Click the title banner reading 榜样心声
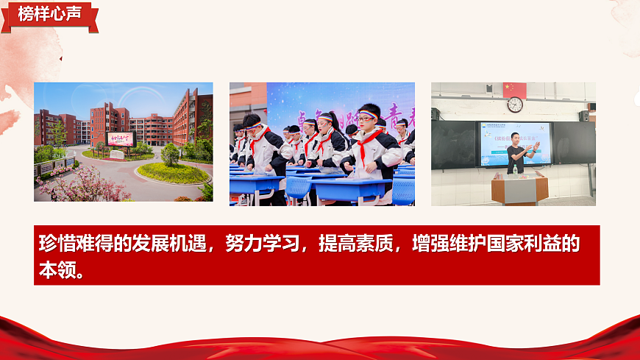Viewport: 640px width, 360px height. (49, 14)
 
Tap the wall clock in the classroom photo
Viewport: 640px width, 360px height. (515, 105)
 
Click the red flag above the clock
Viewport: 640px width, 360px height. (515, 89)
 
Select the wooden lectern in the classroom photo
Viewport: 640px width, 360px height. (520, 188)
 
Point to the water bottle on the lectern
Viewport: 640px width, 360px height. (515, 169)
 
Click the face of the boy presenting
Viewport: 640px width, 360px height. (518, 138)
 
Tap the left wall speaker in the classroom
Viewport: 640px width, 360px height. (435, 114)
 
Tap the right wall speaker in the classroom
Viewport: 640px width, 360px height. (584, 116)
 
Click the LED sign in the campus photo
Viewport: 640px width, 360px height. (121, 138)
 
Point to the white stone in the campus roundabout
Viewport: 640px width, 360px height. (117, 155)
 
